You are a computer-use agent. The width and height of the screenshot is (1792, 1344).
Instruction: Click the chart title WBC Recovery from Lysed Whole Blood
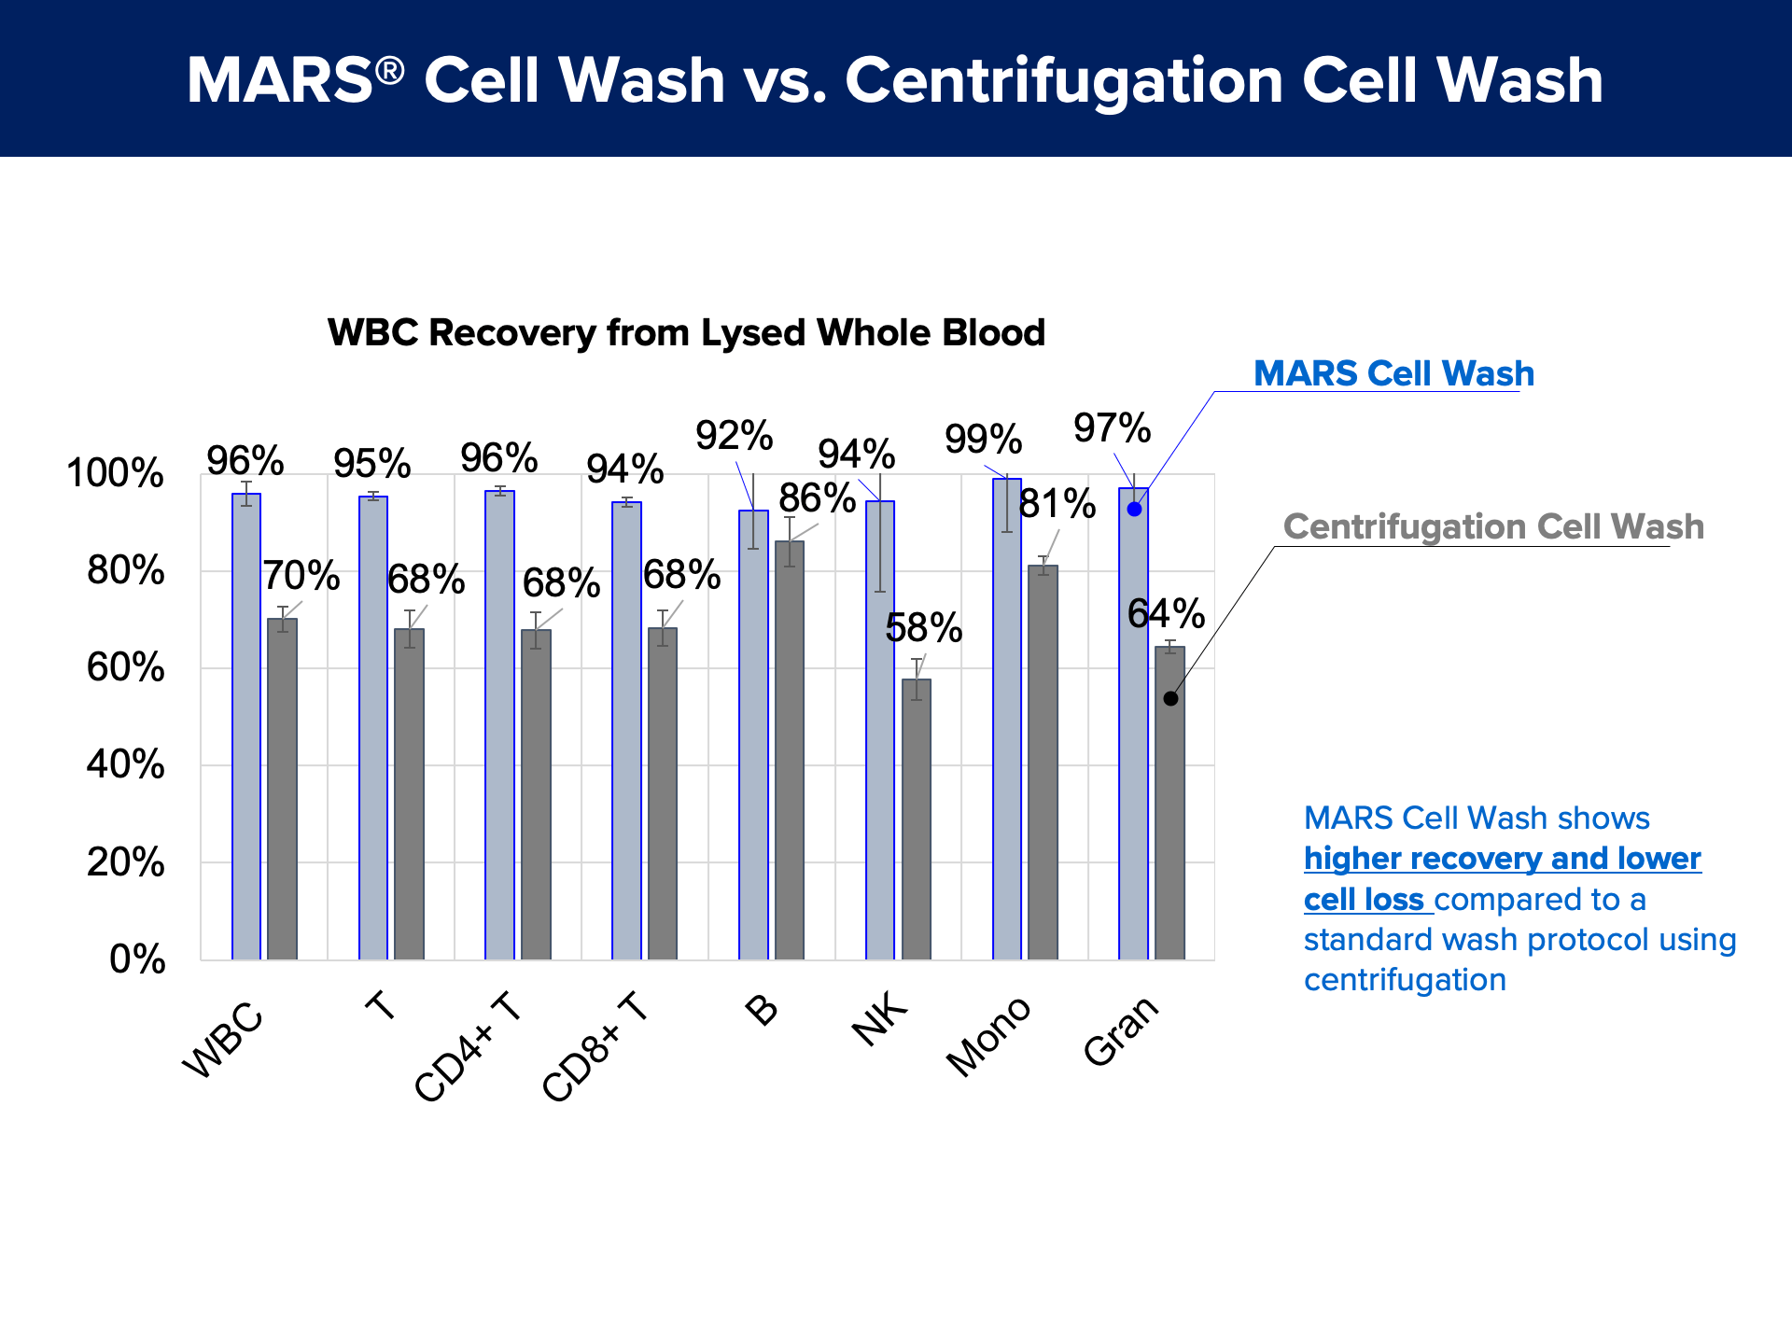click(686, 333)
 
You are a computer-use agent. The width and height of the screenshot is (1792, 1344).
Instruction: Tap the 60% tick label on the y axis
click(126, 668)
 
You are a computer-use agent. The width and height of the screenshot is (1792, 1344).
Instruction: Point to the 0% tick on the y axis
click(138, 959)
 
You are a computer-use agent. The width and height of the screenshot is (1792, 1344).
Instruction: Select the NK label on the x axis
click(879, 1019)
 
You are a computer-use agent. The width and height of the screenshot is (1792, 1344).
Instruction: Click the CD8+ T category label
click(595, 1047)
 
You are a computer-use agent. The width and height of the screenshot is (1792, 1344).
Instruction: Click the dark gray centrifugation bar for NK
click(917, 819)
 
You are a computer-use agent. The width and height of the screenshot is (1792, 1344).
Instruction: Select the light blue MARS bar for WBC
click(246, 726)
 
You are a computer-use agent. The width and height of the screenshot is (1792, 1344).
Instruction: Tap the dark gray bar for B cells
click(790, 750)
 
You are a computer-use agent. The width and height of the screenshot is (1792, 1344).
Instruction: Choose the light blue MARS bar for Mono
click(1007, 719)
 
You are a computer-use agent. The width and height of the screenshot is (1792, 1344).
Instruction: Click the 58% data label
click(924, 628)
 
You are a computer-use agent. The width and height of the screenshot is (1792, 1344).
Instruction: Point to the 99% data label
click(984, 439)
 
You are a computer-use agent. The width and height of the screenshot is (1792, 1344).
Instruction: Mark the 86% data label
click(818, 498)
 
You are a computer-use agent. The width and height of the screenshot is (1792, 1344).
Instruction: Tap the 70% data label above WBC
click(301, 576)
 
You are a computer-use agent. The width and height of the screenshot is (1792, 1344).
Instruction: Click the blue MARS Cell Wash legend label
click(1393, 373)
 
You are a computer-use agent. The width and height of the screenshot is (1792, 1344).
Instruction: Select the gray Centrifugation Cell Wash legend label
click(1493, 526)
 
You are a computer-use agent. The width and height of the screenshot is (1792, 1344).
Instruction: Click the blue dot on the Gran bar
click(1134, 509)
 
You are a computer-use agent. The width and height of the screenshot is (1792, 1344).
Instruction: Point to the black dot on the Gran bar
click(1170, 698)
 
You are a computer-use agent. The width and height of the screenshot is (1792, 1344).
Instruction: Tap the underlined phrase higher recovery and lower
click(1503, 859)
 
